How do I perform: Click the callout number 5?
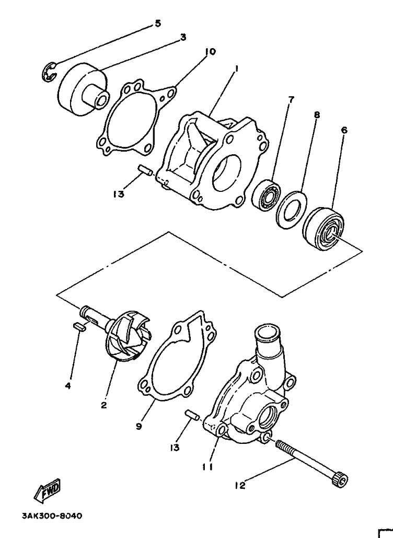tap(157, 24)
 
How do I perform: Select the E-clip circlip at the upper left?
tap(49, 72)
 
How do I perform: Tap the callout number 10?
tap(210, 52)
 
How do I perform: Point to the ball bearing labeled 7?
tap(267, 195)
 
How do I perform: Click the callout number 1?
tap(236, 69)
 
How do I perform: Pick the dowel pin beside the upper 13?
tap(144, 170)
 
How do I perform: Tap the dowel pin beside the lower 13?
tap(192, 415)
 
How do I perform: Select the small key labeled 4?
tap(79, 326)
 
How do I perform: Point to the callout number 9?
tap(138, 427)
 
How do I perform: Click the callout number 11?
tap(208, 467)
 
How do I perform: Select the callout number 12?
tap(240, 486)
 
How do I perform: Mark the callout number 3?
tap(183, 38)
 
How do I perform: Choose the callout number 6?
tap(344, 130)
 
